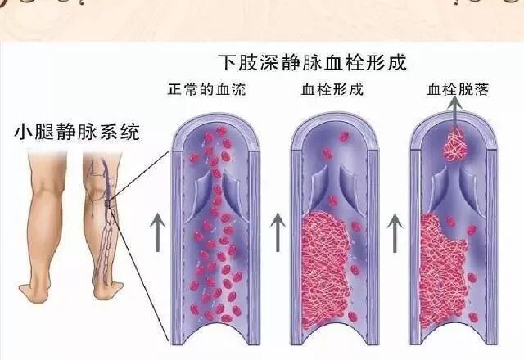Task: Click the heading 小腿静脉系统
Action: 78,130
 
